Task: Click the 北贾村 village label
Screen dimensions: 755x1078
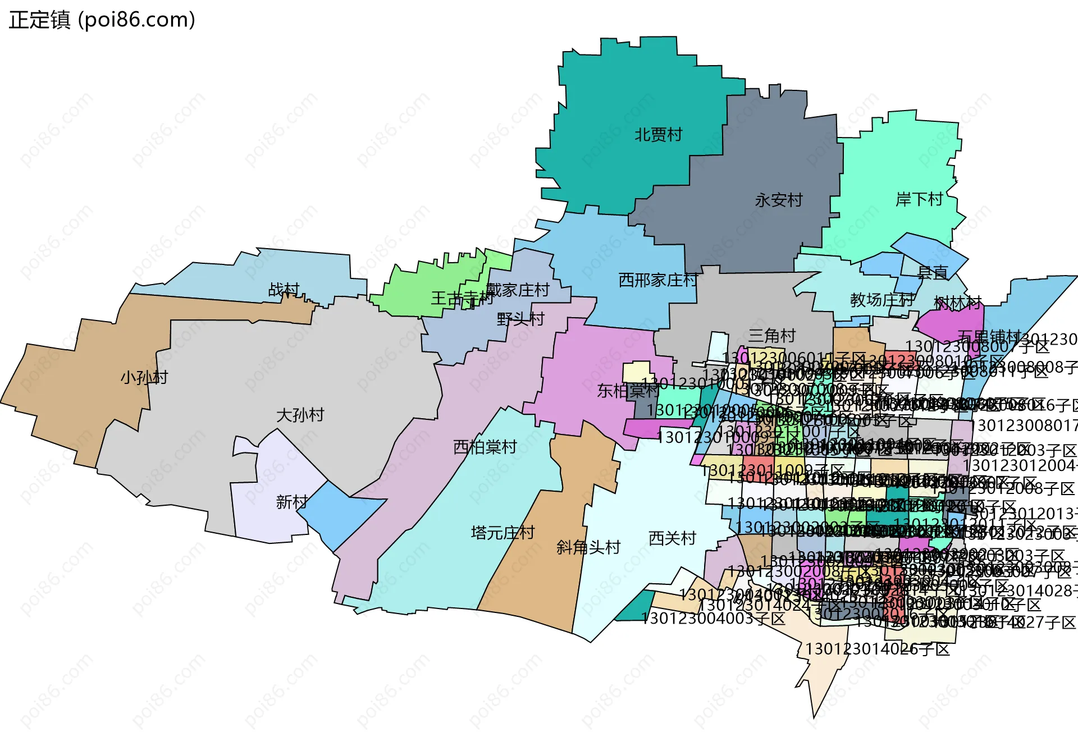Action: coord(658,135)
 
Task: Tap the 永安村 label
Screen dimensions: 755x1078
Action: coord(779,200)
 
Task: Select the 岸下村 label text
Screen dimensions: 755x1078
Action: coord(919,199)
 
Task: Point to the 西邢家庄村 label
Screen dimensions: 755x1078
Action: coord(658,280)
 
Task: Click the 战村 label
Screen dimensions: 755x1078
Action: coord(284,290)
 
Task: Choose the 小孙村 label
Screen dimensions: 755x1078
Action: coord(144,377)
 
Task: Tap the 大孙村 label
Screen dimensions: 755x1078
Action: coord(300,415)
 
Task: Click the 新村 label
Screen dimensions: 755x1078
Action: coord(292,501)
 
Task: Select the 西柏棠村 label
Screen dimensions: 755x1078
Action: coord(485,447)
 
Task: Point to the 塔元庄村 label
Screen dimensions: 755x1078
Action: coord(503,532)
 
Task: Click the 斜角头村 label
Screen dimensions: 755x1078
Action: coord(588,547)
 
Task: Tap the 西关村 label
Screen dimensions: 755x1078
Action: coord(672,538)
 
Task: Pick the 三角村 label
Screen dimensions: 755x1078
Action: coord(772,336)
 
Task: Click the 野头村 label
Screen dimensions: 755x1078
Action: coord(521,319)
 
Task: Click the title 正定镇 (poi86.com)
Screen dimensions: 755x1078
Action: coord(102,20)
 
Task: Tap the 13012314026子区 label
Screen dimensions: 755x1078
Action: coord(878,649)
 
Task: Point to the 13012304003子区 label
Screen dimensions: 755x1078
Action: coord(713,619)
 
